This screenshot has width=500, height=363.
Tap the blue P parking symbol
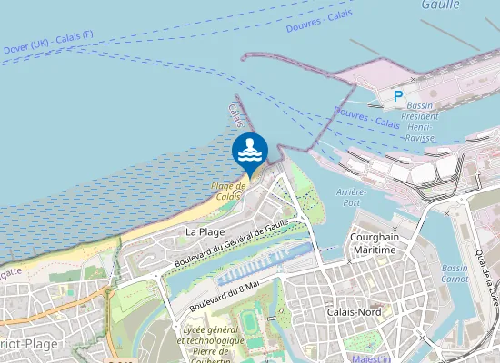click(x=397, y=95)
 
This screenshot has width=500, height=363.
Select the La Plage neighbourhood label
click(x=205, y=231)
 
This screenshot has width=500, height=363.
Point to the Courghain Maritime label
click(x=373, y=242)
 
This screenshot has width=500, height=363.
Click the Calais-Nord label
click(x=354, y=311)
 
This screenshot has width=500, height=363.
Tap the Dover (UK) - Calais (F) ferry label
click(x=48, y=42)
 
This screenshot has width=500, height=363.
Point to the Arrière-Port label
click(x=351, y=197)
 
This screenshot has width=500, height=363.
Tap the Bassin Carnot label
click(x=455, y=273)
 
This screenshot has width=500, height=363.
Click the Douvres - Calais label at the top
click(x=319, y=21)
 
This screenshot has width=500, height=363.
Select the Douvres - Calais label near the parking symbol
click(x=366, y=118)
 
